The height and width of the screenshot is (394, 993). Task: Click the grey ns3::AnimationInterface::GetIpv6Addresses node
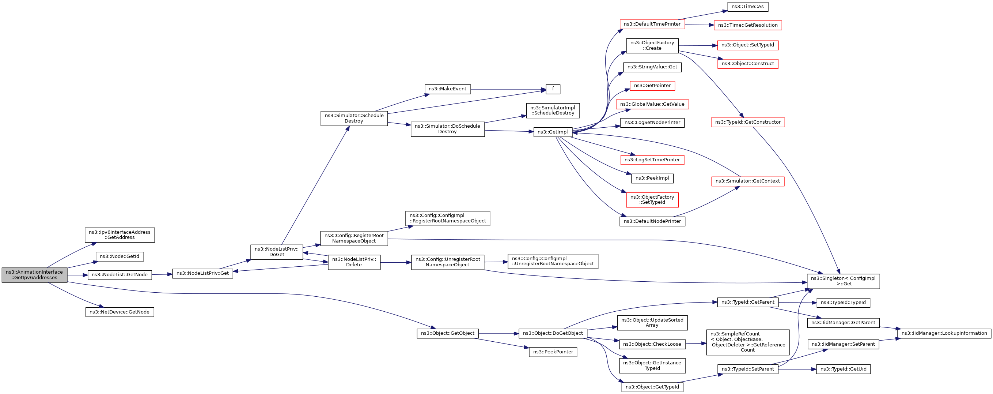(34, 275)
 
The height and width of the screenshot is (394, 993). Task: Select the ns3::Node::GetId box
(120, 256)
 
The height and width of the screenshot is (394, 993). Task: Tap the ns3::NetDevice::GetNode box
(120, 312)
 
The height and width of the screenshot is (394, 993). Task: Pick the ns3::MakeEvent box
(448, 89)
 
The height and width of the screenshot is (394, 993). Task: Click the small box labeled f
(553, 89)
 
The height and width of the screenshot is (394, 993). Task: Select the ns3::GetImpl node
(553, 132)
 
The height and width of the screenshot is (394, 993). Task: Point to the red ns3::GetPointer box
(652, 86)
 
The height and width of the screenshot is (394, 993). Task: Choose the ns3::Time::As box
(748, 7)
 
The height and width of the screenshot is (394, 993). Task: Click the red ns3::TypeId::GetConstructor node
(748, 122)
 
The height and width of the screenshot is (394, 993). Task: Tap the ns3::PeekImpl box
(652, 178)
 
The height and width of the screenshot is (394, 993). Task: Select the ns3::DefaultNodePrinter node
(652, 221)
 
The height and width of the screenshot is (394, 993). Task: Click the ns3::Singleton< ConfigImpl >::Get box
(844, 281)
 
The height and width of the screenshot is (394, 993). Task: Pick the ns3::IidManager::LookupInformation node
(944, 333)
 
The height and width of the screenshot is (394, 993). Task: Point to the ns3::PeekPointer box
(553, 352)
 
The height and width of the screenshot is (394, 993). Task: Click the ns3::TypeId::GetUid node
(844, 369)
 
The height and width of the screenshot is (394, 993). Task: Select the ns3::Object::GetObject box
(448, 333)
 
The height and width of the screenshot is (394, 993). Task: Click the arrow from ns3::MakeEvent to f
(508, 89)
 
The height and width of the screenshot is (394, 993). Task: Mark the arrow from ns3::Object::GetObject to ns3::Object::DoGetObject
(499, 333)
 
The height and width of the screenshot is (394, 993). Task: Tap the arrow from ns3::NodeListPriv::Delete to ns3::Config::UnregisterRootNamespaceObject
(396, 262)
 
